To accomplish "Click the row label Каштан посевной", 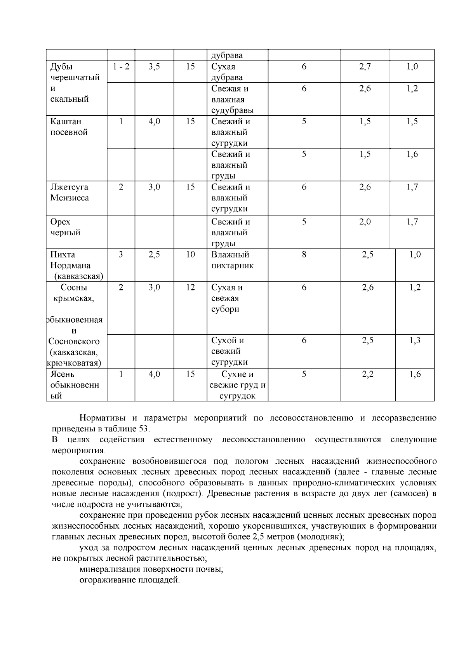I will pos(69,127).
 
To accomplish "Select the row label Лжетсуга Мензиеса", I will pos(69,193).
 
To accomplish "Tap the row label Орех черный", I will pos(65,227).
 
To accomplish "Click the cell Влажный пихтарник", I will pos(232,260).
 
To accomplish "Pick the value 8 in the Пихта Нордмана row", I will pos(304,255).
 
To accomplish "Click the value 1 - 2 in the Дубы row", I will pos(121,67).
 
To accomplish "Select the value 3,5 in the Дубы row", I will pos(154,67).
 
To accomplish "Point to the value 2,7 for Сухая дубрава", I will pos(365,67).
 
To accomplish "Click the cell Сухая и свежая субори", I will pos(227,298).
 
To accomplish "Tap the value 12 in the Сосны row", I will pos(190,288).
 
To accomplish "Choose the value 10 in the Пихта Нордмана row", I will pos(190,255).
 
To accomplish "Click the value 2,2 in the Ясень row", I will pos(367,374).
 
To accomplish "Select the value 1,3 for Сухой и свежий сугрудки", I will pos(415,341).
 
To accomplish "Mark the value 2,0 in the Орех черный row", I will pos(365,222).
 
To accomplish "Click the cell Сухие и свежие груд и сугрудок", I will pos(237,385).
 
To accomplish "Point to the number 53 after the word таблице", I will pos(143,429).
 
